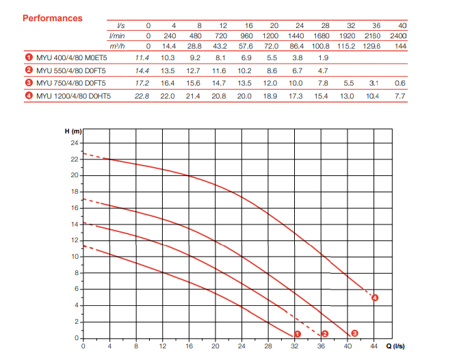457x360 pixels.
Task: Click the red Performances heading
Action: [53, 18]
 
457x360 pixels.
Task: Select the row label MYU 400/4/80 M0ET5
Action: [72, 57]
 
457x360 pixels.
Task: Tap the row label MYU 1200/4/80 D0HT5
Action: [73, 96]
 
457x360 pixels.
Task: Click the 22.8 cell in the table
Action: [142, 96]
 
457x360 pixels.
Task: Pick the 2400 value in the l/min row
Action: [398, 36]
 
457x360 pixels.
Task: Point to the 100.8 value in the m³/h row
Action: [321, 46]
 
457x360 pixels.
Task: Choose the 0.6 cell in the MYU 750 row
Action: [400, 83]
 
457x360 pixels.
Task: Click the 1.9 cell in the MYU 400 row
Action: [323, 57]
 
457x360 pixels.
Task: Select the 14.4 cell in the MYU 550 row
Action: [142, 70]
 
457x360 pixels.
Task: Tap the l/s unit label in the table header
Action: [120, 25]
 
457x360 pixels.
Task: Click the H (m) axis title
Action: [73, 131]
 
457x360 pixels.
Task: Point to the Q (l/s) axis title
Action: [395, 346]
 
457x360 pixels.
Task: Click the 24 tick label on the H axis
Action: [75, 143]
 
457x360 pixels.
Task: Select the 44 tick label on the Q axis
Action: [374, 346]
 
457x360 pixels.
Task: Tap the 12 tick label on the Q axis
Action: [163, 346]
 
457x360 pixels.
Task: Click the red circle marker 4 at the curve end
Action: [375, 298]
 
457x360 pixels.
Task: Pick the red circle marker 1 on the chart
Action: [298, 334]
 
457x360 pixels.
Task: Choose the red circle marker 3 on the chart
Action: [354, 333]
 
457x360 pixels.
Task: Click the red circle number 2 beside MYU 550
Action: [29, 70]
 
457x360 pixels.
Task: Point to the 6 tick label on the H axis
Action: [77, 289]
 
